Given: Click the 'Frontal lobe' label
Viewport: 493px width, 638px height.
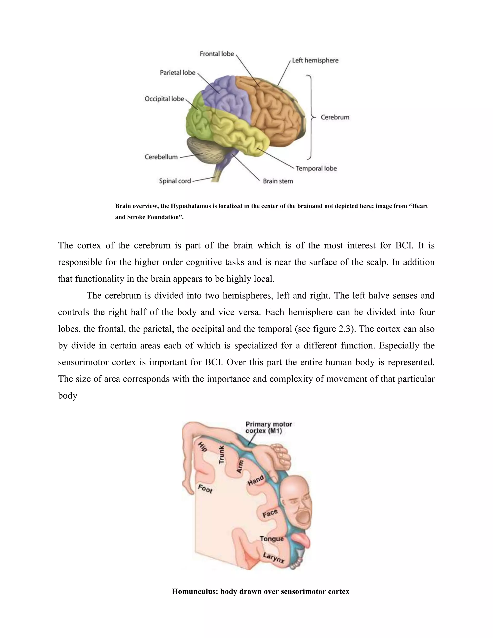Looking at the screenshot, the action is (217, 54).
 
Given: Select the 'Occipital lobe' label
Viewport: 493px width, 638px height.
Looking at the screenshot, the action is (164, 99).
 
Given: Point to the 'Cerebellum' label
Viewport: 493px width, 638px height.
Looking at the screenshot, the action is (161, 157).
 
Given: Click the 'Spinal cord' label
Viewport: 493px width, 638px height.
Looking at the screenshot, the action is (175, 181).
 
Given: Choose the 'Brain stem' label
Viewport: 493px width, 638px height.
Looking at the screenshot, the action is (278, 181).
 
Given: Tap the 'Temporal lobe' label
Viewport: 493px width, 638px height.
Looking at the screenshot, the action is (316, 169).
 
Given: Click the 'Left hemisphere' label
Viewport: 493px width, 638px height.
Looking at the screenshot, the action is (315, 60).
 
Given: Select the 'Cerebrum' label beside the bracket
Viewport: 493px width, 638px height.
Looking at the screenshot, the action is (335, 117).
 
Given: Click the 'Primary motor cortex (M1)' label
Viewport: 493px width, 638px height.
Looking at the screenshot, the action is (268, 427).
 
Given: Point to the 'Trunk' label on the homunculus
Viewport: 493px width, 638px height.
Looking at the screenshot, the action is (222, 455).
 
